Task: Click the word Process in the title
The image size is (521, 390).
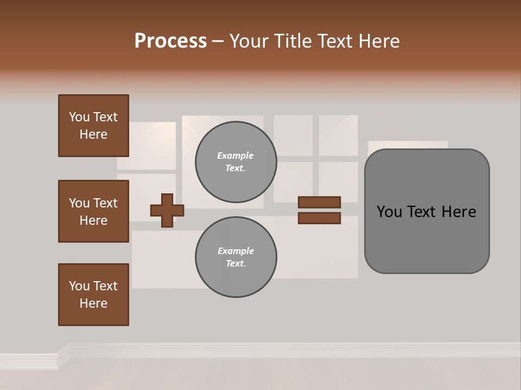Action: [170, 41]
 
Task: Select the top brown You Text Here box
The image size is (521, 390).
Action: [93, 126]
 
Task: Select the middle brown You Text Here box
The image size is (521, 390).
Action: [93, 211]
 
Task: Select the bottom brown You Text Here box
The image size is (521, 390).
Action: [93, 295]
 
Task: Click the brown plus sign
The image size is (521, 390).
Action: [167, 210]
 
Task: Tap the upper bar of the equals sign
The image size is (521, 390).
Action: [319, 202]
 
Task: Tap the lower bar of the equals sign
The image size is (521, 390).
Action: [319, 218]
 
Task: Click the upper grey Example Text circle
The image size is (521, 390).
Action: [236, 162]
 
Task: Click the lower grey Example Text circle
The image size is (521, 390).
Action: [236, 257]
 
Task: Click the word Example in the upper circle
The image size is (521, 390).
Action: [235, 155]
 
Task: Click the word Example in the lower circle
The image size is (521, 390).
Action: [236, 251]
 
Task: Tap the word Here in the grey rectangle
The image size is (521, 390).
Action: [459, 212]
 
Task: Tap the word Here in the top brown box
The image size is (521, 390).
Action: [93, 134]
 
